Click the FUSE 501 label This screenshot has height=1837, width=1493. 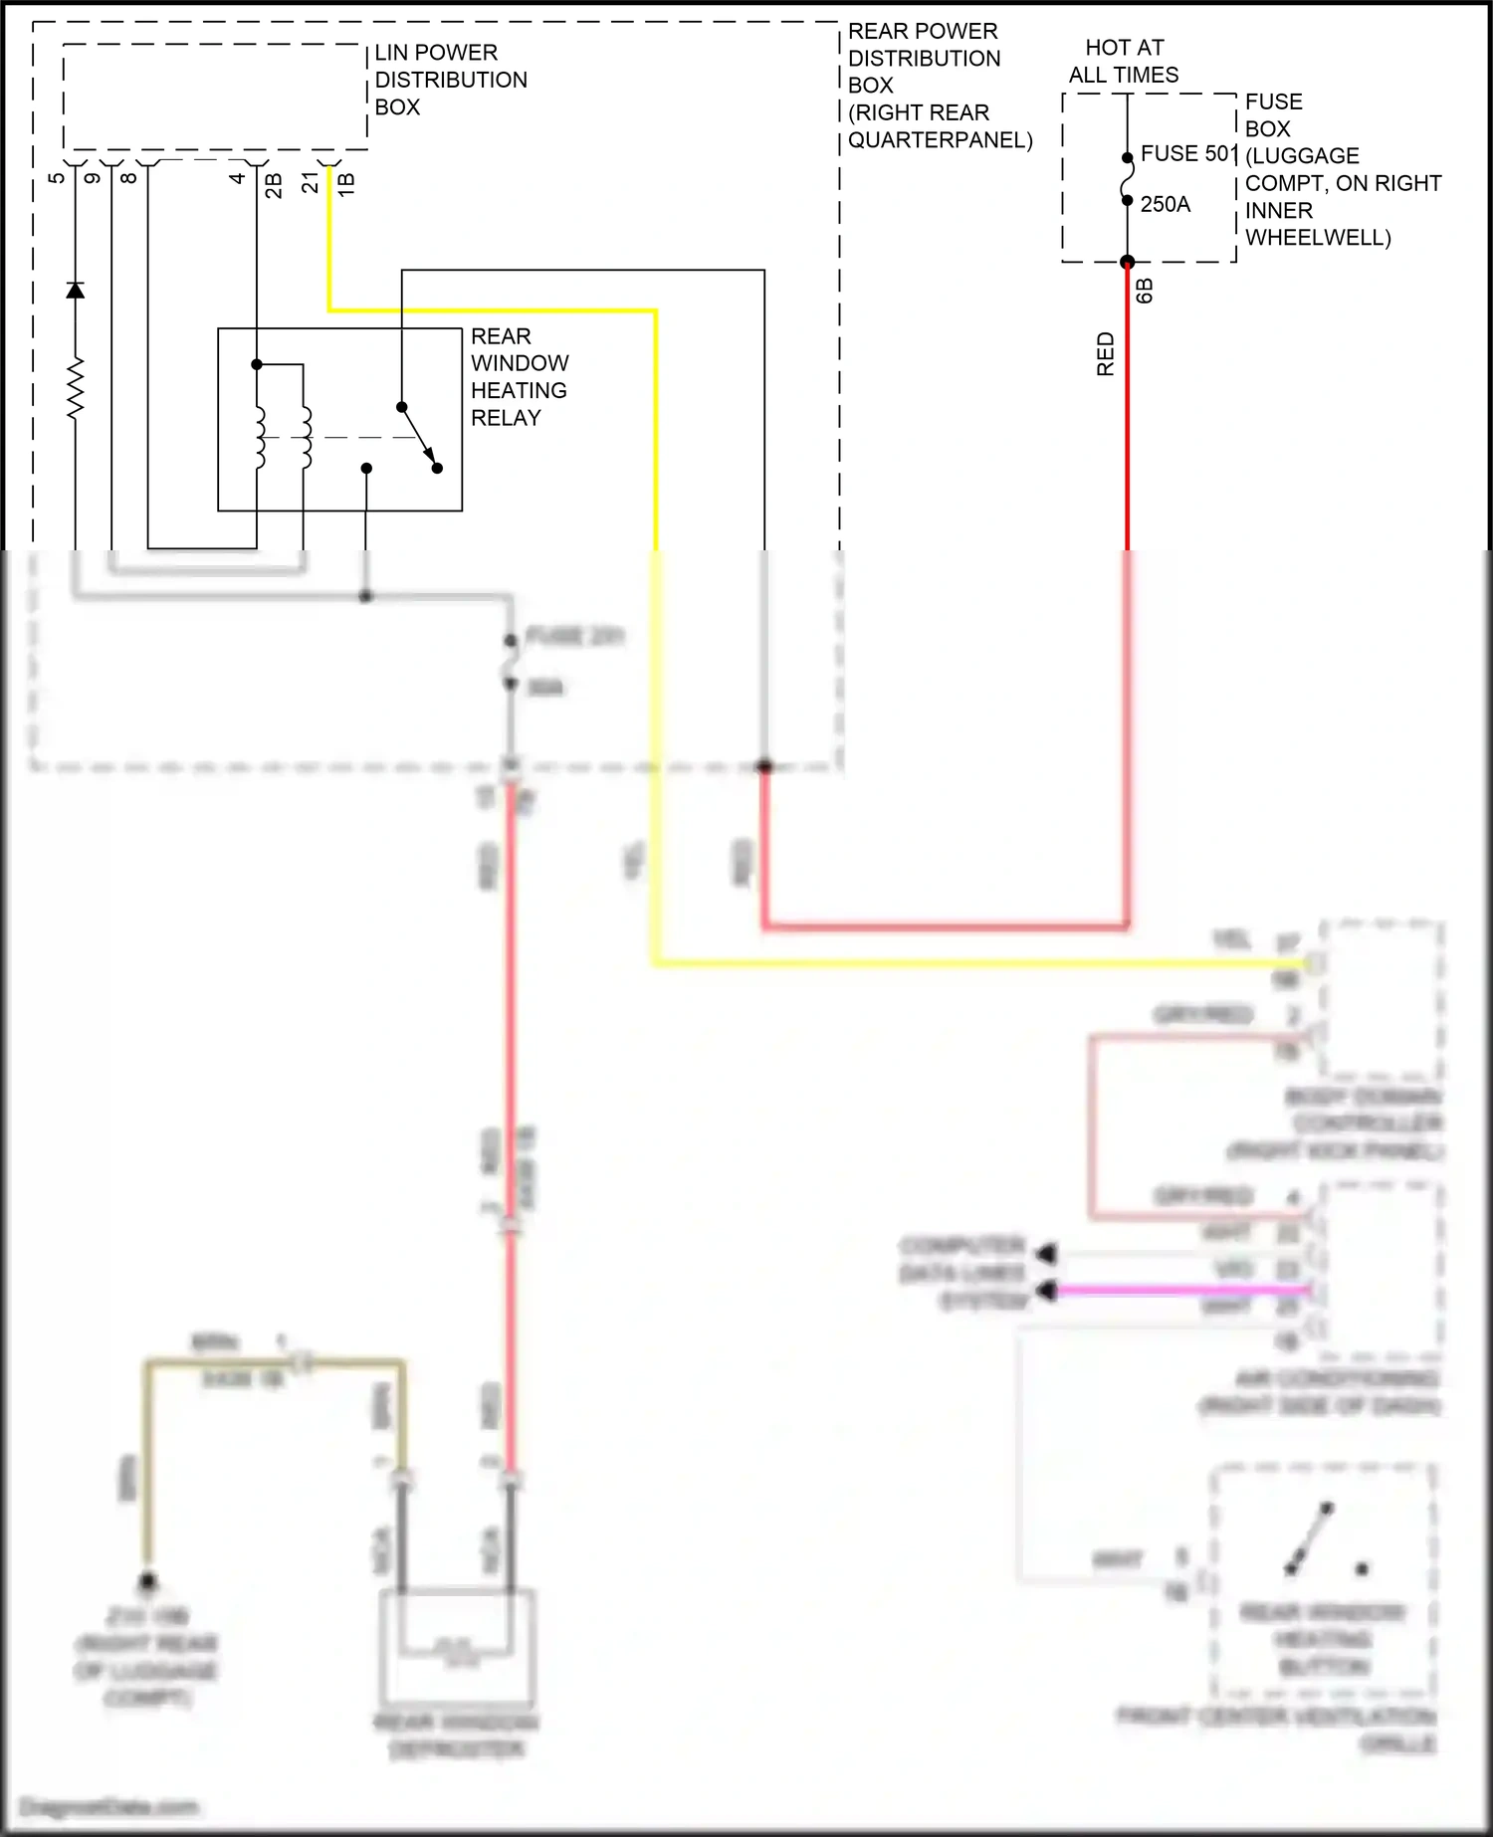(x=1187, y=154)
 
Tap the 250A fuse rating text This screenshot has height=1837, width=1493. (x=1165, y=205)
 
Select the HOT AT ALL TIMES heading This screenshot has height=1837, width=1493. (x=1124, y=62)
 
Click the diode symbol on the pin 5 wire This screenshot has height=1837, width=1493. (x=75, y=290)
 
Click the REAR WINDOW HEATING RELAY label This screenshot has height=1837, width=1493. (x=519, y=377)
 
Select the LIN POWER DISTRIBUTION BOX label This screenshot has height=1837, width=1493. (x=450, y=80)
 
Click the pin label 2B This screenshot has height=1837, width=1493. (x=274, y=185)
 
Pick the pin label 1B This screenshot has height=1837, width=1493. (x=346, y=184)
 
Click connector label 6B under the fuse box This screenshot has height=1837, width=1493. (x=1145, y=291)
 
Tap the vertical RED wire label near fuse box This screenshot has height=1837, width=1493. (x=1105, y=354)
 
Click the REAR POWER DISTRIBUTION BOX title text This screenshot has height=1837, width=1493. (x=939, y=86)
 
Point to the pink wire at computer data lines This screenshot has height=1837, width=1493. (x=1184, y=1292)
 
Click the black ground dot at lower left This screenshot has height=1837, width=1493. (x=147, y=1581)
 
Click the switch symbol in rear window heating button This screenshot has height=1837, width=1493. (x=1309, y=1539)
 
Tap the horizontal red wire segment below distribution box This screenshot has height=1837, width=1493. (x=946, y=926)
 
